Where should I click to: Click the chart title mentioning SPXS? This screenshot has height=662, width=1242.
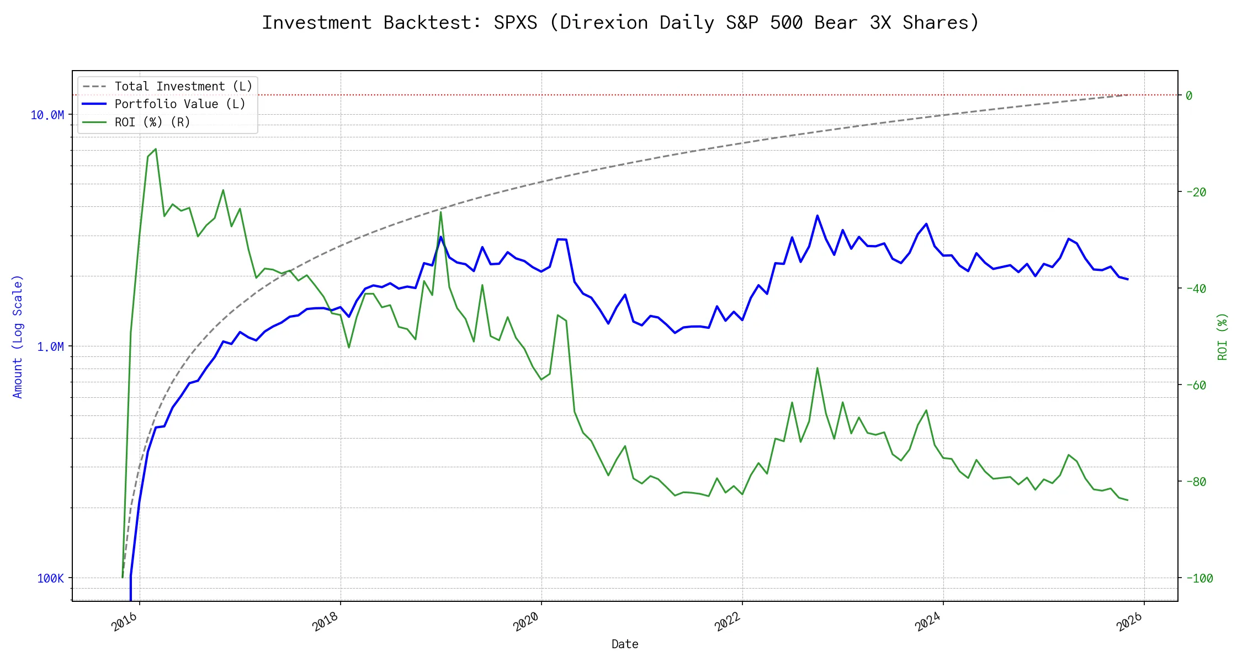click(620, 23)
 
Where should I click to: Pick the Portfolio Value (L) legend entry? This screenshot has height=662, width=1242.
click(180, 104)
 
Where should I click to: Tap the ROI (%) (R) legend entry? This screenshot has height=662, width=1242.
click(152, 122)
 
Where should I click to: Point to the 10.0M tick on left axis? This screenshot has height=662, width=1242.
click(47, 115)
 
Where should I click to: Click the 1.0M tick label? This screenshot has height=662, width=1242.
click(50, 347)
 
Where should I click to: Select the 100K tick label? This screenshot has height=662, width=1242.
click(50, 579)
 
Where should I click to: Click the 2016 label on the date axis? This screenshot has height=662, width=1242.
click(124, 622)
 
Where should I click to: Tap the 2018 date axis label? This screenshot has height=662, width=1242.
click(325, 622)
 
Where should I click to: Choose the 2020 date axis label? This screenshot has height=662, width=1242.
click(526, 622)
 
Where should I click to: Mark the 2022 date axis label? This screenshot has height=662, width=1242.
click(727, 622)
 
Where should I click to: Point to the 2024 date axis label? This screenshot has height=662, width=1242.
click(928, 622)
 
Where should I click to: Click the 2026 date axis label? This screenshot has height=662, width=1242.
click(1129, 622)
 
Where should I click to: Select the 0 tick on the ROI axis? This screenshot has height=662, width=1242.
click(1189, 96)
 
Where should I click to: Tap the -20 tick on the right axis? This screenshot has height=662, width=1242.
click(1196, 193)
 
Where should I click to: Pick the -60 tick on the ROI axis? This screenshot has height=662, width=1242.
click(1196, 386)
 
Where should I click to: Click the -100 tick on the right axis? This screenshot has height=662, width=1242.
click(1199, 579)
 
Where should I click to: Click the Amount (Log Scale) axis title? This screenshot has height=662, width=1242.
click(18, 337)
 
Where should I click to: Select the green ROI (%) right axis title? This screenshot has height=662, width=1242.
click(1223, 337)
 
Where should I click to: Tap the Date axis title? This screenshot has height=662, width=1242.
click(625, 644)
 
